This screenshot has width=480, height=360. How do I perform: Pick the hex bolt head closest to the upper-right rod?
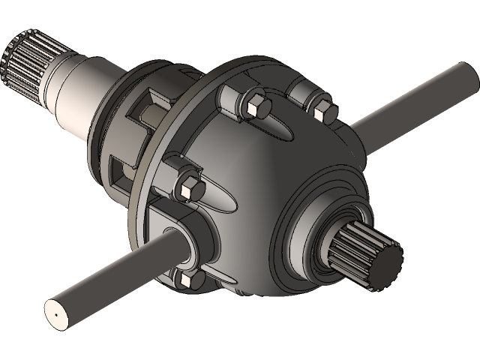coord(323,109)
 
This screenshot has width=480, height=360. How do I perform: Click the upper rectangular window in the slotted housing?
coord(142,112)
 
